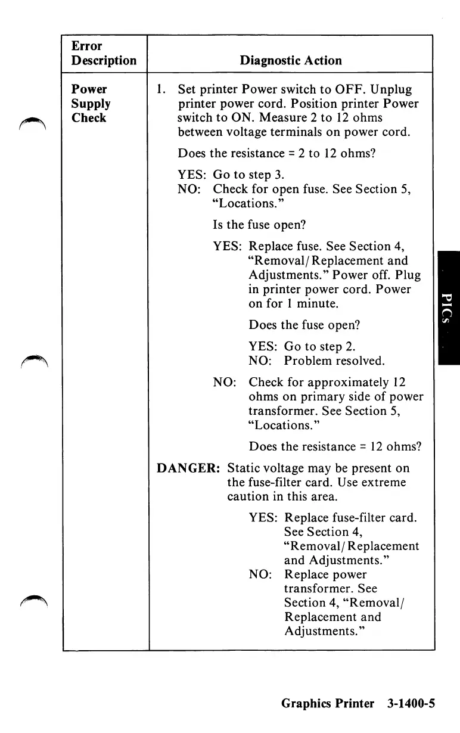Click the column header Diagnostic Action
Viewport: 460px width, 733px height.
(291, 61)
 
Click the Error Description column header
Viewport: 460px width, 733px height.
(104, 54)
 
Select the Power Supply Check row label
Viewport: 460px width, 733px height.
(91, 104)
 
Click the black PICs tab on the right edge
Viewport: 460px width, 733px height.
(449, 307)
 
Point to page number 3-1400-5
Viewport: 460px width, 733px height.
(411, 703)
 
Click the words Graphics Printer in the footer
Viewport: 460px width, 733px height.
(328, 703)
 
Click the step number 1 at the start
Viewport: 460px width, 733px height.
(159, 89)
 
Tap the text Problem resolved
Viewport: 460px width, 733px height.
(334, 361)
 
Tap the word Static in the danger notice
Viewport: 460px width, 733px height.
(245, 468)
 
